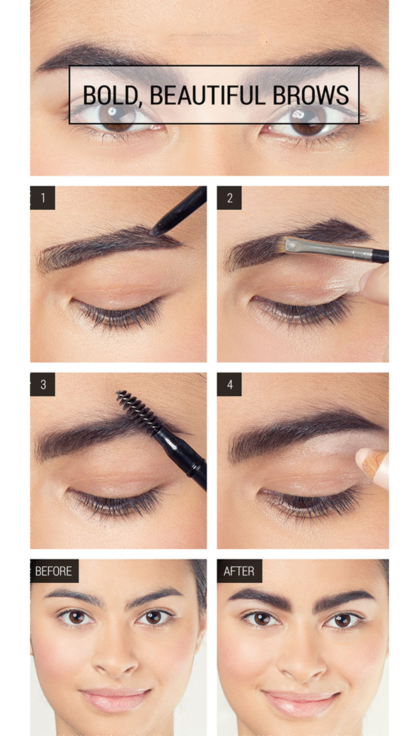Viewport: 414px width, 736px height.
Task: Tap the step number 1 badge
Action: (x=43, y=198)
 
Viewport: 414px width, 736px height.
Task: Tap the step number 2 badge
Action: (x=229, y=198)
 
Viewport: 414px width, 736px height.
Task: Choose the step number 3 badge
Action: (x=43, y=385)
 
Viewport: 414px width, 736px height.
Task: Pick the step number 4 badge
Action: (x=229, y=385)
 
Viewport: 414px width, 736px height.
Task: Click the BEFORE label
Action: (x=54, y=571)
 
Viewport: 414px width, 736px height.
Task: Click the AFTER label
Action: (x=239, y=571)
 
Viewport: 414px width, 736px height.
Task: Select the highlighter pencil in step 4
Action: (x=373, y=466)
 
